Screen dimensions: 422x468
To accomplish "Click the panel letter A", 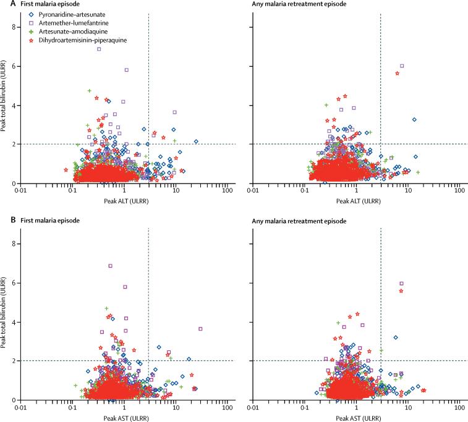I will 4,5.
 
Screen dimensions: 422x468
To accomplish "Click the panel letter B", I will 4,220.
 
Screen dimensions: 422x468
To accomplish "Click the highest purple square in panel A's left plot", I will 99,49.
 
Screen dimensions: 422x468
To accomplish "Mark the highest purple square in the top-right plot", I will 402,66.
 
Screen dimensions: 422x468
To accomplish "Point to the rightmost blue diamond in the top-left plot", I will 196,141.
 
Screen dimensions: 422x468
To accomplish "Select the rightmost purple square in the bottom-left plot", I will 200,329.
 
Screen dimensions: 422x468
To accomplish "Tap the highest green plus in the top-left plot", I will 90,91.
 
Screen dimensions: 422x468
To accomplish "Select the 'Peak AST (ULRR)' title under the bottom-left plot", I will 124,416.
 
